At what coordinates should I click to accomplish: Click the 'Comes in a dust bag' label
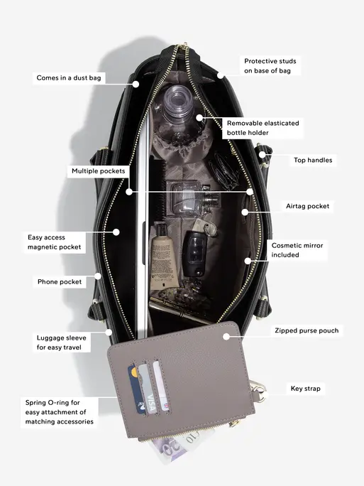click(x=69, y=77)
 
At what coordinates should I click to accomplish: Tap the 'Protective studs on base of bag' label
click(x=270, y=65)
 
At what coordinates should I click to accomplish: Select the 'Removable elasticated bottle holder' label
click(x=263, y=128)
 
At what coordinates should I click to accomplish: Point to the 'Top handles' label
click(x=313, y=160)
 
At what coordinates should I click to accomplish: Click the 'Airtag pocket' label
click(x=307, y=206)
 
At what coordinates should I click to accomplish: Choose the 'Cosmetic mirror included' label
click(x=297, y=250)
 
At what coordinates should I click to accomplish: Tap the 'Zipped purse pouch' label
click(x=307, y=330)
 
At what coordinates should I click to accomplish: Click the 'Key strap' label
click(x=305, y=389)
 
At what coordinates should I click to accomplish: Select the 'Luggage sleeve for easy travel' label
click(x=61, y=342)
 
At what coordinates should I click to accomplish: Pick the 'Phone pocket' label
click(x=60, y=282)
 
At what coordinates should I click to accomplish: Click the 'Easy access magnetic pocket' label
click(x=54, y=242)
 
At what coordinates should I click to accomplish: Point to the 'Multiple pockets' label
click(x=99, y=171)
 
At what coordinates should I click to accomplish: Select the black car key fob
click(x=194, y=253)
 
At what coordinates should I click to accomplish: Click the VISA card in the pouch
click(x=146, y=389)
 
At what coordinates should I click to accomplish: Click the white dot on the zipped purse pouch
click(x=226, y=337)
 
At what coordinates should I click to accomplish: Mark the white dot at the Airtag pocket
click(x=245, y=212)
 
